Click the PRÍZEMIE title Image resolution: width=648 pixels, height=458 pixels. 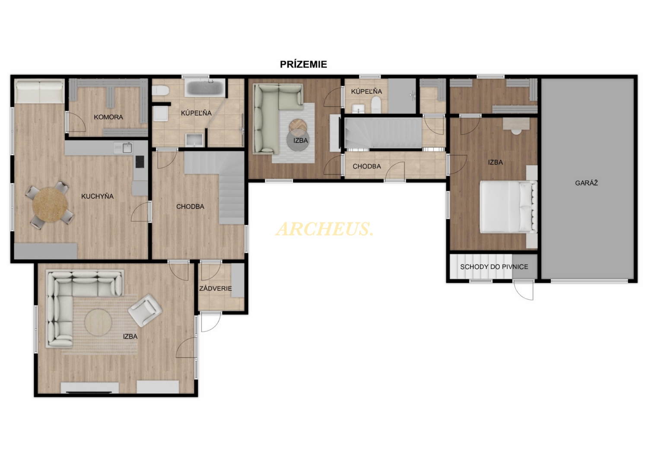pyautogui.click(x=303, y=64)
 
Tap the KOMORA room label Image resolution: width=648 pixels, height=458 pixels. pyautogui.click(x=108, y=117)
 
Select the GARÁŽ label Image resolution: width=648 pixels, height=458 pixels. pyautogui.click(x=586, y=183)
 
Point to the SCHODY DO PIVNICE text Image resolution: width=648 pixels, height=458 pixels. pyautogui.click(x=494, y=267)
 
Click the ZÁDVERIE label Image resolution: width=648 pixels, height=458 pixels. pyautogui.click(x=216, y=289)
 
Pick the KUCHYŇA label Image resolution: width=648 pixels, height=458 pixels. pyautogui.click(x=97, y=197)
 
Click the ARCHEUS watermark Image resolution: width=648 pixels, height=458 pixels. pyautogui.click(x=324, y=229)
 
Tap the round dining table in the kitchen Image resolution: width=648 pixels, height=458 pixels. pyautogui.click(x=50, y=205)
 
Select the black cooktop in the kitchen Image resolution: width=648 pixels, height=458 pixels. pyautogui.click(x=140, y=162)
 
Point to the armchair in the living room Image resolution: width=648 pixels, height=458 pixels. pyautogui.click(x=145, y=310)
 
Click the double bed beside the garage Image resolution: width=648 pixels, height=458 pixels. pyautogui.click(x=508, y=207)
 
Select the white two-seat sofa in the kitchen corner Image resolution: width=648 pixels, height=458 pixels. pyautogui.click(x=39, y=91)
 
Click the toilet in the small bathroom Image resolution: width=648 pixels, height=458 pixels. pyautogui.click(x=376, y=105)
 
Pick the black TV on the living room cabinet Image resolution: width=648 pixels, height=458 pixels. pyautogui.click(x=89, y=392)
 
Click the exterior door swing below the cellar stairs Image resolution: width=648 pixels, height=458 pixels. pyautogui.click(x=524, y=290)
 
